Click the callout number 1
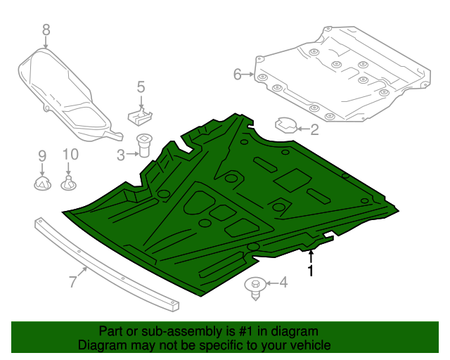[x=310, y=269]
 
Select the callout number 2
[x=314, y=129]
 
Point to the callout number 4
[x=283, y=283]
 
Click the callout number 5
[x=141, y=87]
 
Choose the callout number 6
[x=237, y=74]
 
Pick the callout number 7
[x=72, y=283]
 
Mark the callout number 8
[x=46, y=30]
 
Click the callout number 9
[x=41, y=155]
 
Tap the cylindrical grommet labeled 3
[x=145, y=145]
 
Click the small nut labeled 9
[x=42, y=184]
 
